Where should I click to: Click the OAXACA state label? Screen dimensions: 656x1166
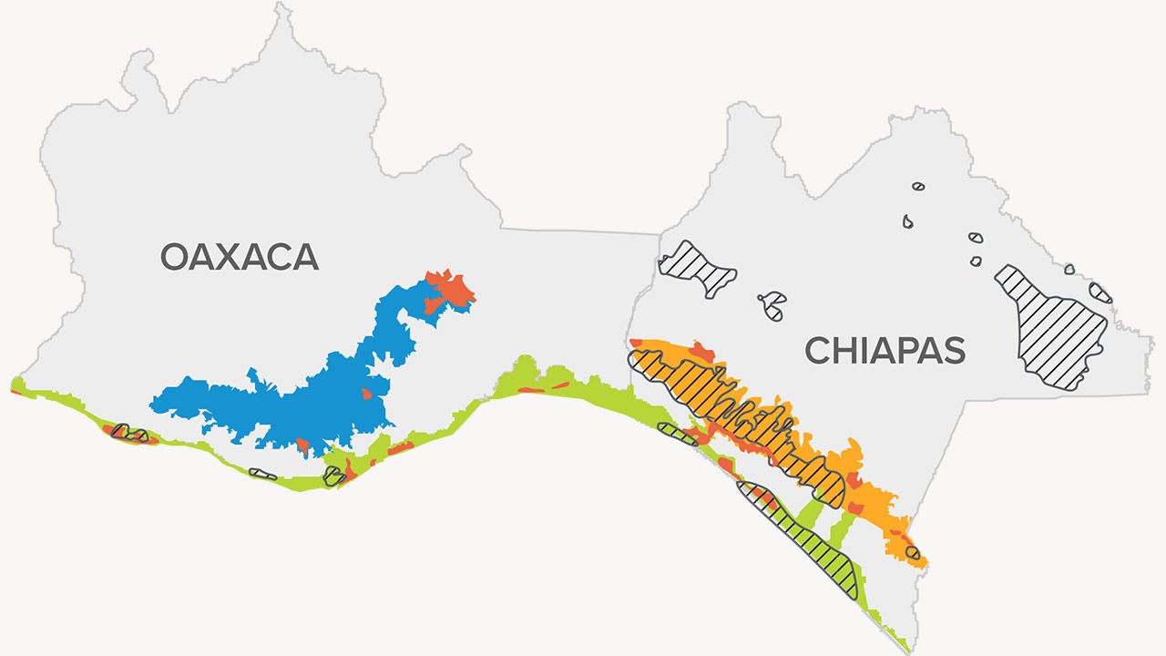[x=240, y=257]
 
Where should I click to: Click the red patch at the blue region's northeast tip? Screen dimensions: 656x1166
[x=449, y=289]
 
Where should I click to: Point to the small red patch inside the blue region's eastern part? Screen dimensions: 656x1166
[x=366, y=394]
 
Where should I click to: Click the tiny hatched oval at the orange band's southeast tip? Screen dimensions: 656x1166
[x=912, y=552]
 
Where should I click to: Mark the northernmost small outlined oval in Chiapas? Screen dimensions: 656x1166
[x=918, y=187]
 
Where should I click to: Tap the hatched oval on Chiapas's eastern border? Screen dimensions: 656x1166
[x=1100, y=292]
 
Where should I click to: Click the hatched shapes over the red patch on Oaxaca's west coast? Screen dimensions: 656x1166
[x=128, y=433]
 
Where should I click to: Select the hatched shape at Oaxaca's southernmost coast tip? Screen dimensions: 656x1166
[x=334, y=477]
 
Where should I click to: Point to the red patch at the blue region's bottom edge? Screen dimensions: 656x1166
[x=302, y=446]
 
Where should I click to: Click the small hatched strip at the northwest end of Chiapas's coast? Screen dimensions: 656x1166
[x=677, y=434]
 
